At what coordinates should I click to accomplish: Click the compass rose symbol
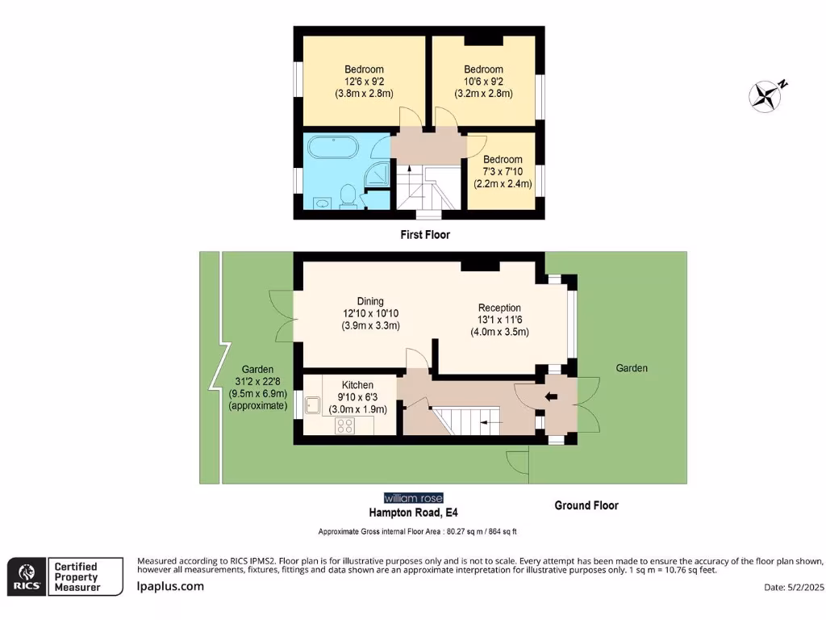point(766,96)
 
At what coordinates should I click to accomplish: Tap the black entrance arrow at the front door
point(552,396)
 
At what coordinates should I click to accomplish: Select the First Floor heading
point(425,235)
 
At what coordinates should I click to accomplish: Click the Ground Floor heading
point(586,505)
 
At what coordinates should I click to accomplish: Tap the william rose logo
point(413,498)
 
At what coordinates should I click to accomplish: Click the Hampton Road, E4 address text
point(413,513)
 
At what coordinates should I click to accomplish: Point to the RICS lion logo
point(25,576)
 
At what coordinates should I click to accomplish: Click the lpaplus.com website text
point(170,587)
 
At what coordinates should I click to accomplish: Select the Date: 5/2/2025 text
point(793,587)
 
